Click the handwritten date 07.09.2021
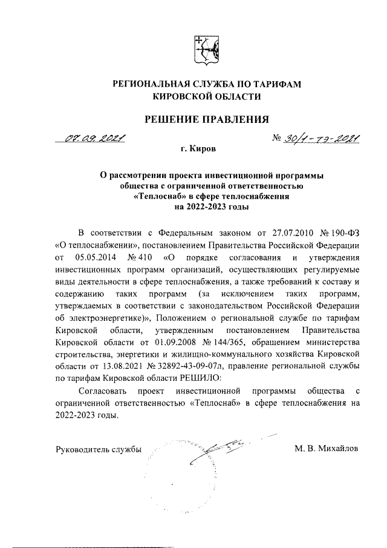coord(96,140)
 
